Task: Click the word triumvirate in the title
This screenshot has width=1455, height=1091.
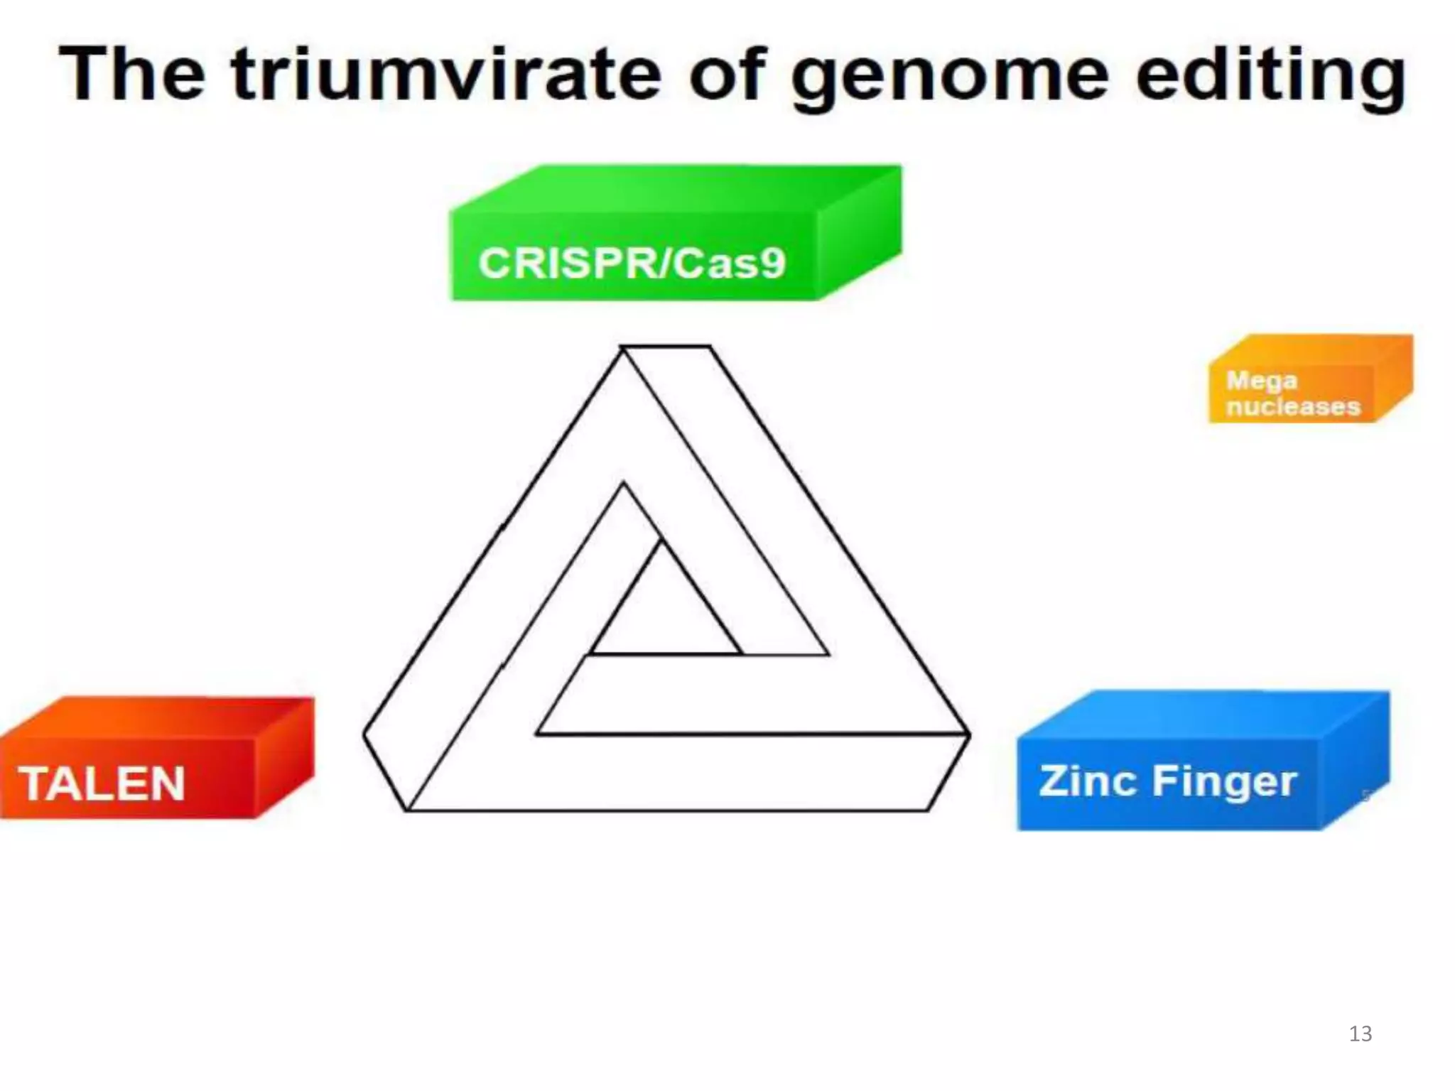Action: (445, 74)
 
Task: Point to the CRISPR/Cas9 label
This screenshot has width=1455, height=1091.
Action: (632, 263)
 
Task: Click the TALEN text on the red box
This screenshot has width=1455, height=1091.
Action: (102, 783)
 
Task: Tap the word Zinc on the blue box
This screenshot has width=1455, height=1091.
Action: (1087, 781)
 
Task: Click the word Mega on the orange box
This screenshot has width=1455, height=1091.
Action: (1261, 381)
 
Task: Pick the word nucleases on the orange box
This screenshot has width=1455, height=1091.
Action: (1293, 406)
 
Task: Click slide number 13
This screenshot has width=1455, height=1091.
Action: (1360, 1033)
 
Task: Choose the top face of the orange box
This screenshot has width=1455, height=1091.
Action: (1311, 350)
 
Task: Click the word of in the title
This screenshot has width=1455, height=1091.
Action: (727, 74)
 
